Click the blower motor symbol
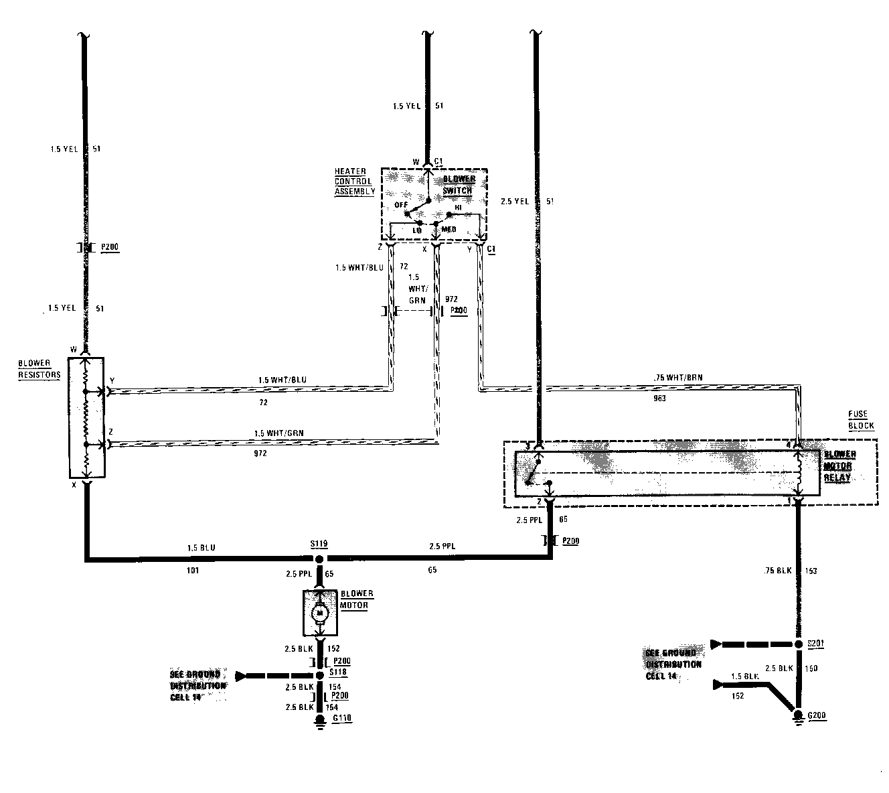pos(320,612)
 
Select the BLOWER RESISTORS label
pos(39,369)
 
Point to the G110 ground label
pos(341,719)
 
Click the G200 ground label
pos(817,715)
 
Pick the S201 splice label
pos(816,644)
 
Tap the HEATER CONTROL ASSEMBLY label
pos(355,182)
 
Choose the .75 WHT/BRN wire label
pos(679,376)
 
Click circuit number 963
pos(659,398)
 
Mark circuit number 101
pos(193,571)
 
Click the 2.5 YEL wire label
pos(514,201)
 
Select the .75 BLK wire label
pos(779,571)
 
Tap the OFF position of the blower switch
pos(401,205)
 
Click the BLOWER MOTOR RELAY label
pos(839,466)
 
